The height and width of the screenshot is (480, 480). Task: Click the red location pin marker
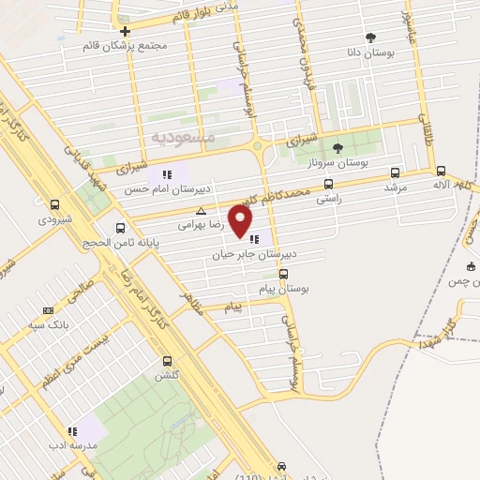point(242,222)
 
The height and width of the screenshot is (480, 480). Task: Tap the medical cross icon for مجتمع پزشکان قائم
point(124,31)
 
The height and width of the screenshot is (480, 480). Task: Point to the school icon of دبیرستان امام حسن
point(167,173)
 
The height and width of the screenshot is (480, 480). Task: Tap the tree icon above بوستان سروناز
point(337,147)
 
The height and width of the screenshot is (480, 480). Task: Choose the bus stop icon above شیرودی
point(54,204)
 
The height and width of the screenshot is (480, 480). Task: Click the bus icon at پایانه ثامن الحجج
point(120,228)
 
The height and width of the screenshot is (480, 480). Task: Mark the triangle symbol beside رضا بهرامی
point(199,211)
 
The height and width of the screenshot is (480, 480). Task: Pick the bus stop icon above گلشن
point(168,361)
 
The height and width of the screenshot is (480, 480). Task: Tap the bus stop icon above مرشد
point(394,172)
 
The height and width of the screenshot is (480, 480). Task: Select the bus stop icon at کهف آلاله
point(442,171)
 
